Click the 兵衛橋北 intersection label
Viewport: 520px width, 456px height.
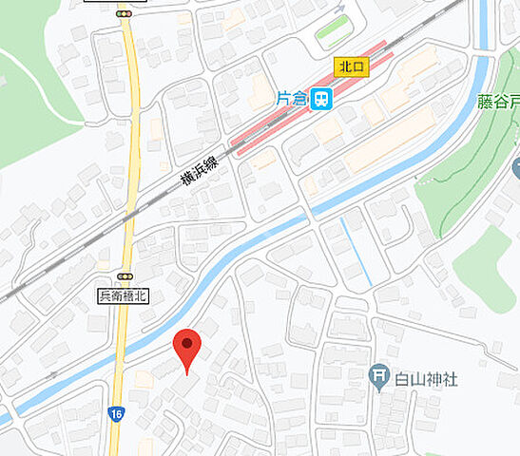[x=124, y=296]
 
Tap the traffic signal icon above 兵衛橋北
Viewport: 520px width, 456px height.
[x=123, y=276]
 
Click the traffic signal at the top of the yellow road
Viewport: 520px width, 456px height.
[x=123, y=14]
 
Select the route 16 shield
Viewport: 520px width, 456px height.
[x=116, y=414]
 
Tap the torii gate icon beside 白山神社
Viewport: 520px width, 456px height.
[x=379, y=378]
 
